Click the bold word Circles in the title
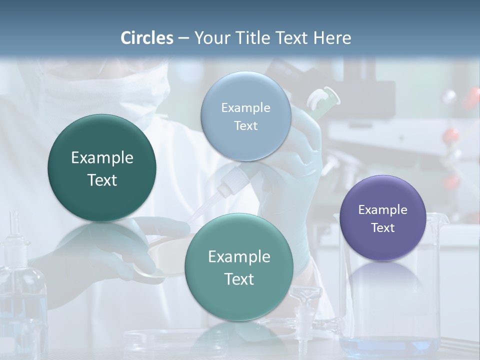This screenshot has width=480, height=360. pos(147,38)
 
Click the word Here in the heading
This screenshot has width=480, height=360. pos(332,38)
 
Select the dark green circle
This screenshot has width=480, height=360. pos(102,168)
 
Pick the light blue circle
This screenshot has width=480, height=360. pos(245,116)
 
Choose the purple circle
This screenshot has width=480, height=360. pos(382,218)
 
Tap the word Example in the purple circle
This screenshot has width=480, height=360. pos(382,209)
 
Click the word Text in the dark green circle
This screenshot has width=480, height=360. pos(102,180)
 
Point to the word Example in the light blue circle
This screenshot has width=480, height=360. pos(245,107)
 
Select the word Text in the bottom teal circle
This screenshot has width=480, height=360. pos(239,279)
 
